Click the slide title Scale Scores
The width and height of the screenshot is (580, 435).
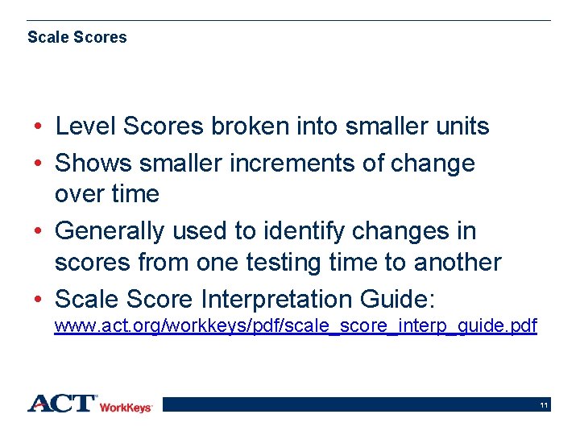[77, 37]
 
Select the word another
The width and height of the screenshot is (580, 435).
[458, 263]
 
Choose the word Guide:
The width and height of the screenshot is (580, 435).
[396, 300]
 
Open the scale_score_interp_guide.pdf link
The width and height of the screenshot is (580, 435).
[296, 327]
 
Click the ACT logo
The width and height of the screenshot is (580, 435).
[62, 404]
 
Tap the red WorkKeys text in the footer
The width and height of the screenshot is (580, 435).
[126, 408]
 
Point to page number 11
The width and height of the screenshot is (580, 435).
[545, 405]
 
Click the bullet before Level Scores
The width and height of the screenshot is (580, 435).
[39, 127]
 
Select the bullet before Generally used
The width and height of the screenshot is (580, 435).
[39, 232]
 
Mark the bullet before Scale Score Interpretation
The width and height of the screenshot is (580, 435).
[39, 300]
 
